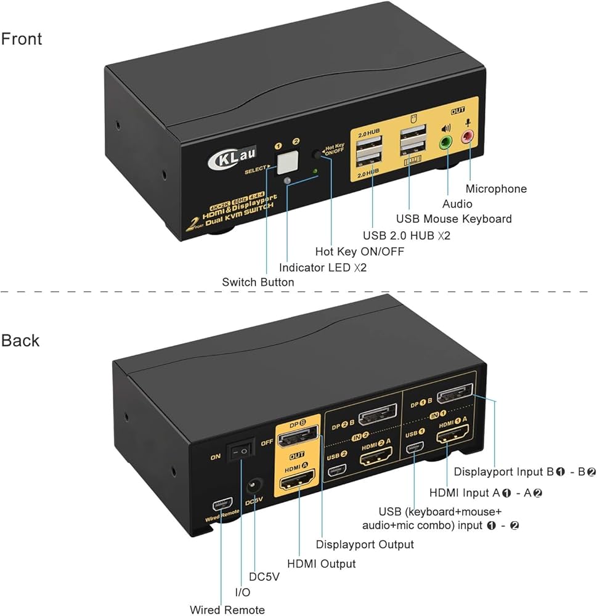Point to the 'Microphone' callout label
coord(496,189)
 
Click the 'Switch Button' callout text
coord(258,282)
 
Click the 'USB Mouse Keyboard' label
coord(453,219)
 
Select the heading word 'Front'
coord(22,39)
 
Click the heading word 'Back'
coord(20,340)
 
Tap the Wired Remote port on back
coord(220,505)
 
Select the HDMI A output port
coord(298,477)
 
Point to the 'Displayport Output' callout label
coord(365,544)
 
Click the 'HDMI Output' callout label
coord(321,564)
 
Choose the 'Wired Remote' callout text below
coord(227,610)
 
